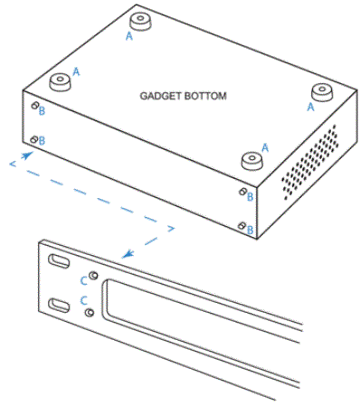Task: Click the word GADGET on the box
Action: point(160,95)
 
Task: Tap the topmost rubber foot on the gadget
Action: point(141,20)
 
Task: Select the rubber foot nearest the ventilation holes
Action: point(321,91)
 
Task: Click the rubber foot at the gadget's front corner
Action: point(251,159)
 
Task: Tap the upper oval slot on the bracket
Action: point(58,261)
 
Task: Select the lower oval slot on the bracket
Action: point(57,304)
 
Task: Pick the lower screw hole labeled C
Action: point(89,311)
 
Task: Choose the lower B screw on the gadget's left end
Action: point(34,139)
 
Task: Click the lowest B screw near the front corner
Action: point(240,224)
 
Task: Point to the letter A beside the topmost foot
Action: point(128,36)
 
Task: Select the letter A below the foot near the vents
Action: point(311,107)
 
